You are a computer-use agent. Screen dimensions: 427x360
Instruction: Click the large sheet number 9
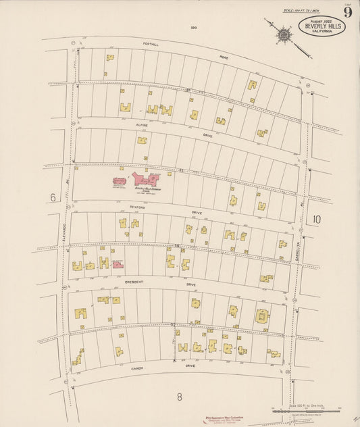coord(347,11)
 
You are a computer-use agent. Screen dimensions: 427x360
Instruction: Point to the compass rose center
coord(285,34)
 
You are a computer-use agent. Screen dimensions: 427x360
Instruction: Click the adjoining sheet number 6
coord(52,197)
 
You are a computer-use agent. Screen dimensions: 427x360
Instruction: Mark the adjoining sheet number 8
coord(180,396)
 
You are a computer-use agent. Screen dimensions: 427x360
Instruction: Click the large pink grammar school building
coord(146,180)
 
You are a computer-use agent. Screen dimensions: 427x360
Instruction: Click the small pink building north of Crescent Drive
coord(118,264)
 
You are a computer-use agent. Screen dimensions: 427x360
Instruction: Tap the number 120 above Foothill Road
coord(194,28)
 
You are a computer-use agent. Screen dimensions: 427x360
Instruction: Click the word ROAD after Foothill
coord(224,58)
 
